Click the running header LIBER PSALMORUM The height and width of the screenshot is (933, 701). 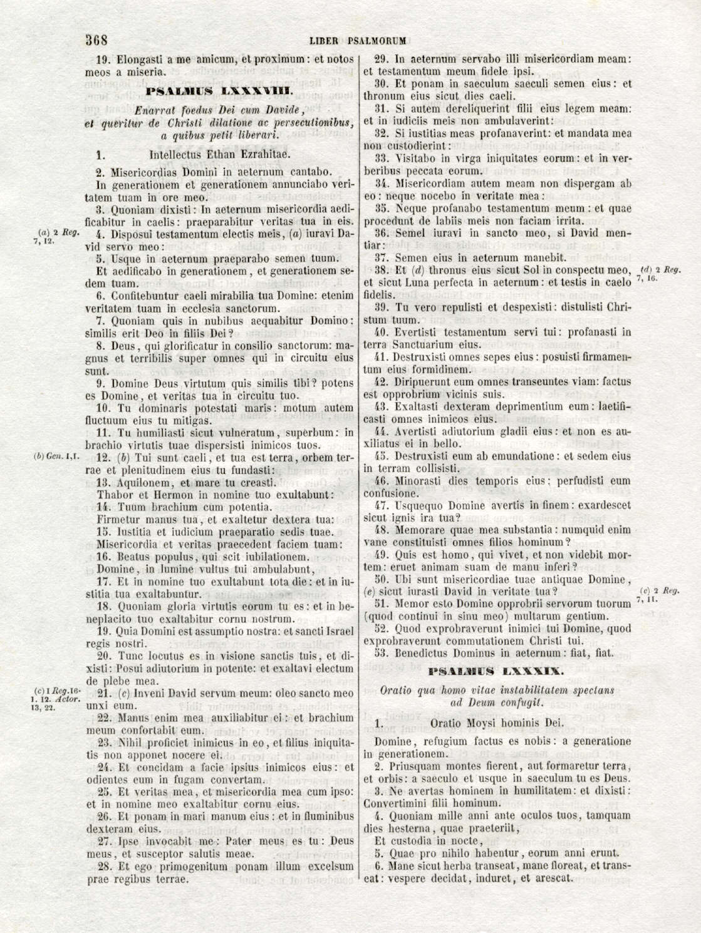tap(358, 41)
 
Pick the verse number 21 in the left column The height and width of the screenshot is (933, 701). tap(105, 693)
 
